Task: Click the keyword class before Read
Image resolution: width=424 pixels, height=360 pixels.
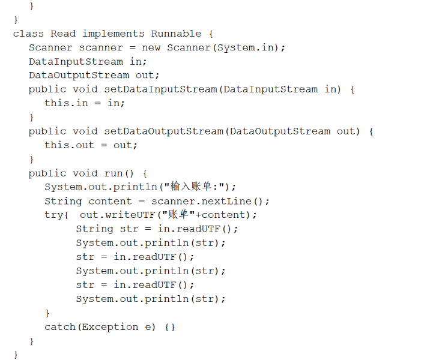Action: tap(28, 34)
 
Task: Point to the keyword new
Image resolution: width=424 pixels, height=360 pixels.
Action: tap(151, 47)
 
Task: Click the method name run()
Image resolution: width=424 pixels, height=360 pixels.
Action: tap(117, 173)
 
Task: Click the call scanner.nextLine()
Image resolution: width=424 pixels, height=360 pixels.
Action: tap(210, 201)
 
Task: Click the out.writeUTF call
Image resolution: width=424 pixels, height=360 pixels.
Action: tap(108, 215)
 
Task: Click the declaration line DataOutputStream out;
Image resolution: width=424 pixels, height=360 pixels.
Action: tap(94, 76)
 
